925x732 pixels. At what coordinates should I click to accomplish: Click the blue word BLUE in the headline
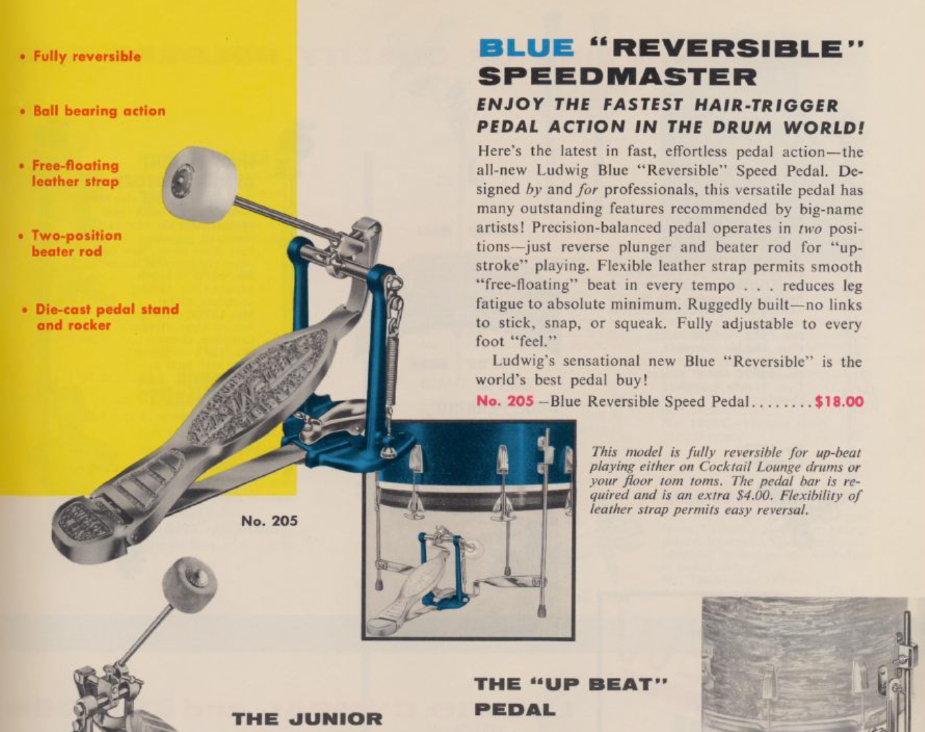pyautogui.click(x=526, y=47)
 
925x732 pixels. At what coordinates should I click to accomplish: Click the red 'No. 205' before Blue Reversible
pyautogui.click(x=504, y=401)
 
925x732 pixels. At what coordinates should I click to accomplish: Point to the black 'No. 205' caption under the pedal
pyautogui.click(x=269, y=521)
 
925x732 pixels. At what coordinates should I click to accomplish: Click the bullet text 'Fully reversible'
pyautogui.click(x=87, y=57)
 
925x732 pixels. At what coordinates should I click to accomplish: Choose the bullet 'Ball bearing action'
pyautogui.click(x=100, y=111)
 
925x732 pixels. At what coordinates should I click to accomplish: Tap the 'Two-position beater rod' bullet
pyautogui.click(x=76, y=243)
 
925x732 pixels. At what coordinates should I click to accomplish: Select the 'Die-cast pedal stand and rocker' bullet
pyautogui.click(x=106, y=317)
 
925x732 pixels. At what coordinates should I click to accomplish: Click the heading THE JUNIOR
pyautogui.click(x=307, y=719)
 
